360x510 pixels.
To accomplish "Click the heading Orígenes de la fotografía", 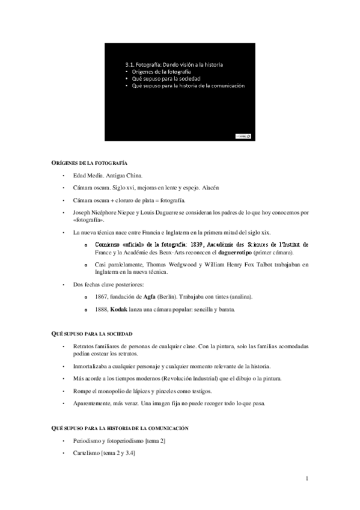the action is point(88,164).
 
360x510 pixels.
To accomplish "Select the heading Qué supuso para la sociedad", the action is point(91,333).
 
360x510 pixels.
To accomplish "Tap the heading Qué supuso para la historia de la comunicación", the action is point(119,427).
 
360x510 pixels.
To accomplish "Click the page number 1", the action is point(307,478).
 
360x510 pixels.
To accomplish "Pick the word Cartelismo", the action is point(86,452).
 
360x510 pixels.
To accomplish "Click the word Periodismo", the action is point(87,441).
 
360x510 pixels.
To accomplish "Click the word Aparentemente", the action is point(93,402).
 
